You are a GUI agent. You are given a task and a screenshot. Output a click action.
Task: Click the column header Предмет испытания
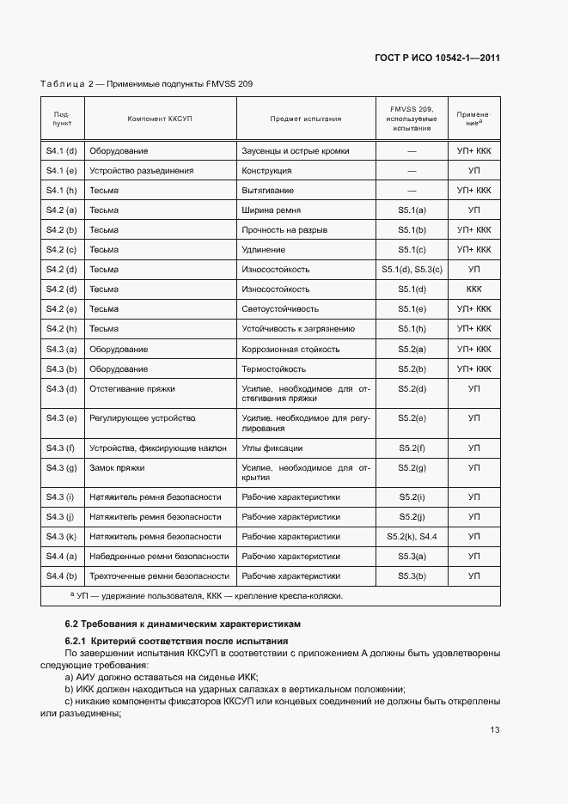pyautogui.click(x=305, y=119)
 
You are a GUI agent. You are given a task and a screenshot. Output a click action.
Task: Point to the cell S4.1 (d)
pyautogui.click(x=62, y=150)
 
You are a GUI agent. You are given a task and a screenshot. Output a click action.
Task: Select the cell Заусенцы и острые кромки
pyautogui.click(x=296, y=150)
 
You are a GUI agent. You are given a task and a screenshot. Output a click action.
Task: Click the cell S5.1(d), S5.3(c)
pyautogui.click(x=412, y=269)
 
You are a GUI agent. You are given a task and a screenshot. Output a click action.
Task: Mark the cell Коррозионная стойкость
pyautogui.click(x=290, y=349)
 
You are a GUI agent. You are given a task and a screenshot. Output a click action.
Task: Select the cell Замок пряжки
pyautogui.click(x=117, y=467)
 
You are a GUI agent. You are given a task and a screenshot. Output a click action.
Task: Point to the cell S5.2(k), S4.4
pyautogui.click(x=412, y=536)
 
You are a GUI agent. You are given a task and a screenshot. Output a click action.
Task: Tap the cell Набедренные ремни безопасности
pyautogui.click(x=159, y=556)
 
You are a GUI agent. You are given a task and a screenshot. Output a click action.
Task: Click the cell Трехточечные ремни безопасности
pyautogui.click(x=159, y=576)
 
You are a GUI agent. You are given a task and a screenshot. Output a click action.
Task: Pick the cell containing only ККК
pyautogui.click(x=473, y=289)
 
